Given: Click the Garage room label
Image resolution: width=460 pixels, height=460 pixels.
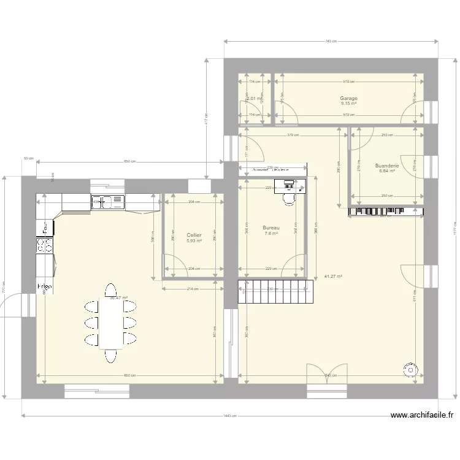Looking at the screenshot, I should [348, 98].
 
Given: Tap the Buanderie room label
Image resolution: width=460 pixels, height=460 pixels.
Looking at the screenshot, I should [386, 166].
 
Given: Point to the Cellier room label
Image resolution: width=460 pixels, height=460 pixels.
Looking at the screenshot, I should [194, 235].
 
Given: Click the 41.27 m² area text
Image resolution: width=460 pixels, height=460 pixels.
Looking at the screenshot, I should [332, 277].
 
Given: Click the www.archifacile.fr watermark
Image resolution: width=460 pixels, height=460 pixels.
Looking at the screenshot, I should [422, 415].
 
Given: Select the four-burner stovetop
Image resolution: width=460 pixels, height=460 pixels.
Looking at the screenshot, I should [45, 245].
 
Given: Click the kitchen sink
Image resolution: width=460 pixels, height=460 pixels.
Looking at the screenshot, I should [107, 201].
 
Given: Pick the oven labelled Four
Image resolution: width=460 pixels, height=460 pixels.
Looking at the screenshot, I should [45, 228].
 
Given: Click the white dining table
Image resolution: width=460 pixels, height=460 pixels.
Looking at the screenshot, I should [110, 323].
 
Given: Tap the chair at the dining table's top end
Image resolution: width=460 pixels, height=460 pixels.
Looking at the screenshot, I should [110, 290].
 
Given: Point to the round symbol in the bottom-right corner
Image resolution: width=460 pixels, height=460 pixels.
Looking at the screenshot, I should [409, 369].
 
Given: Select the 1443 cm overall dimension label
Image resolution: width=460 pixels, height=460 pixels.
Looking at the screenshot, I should [230, 416].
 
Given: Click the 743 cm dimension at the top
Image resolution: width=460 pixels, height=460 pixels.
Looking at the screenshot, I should [331, 41].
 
